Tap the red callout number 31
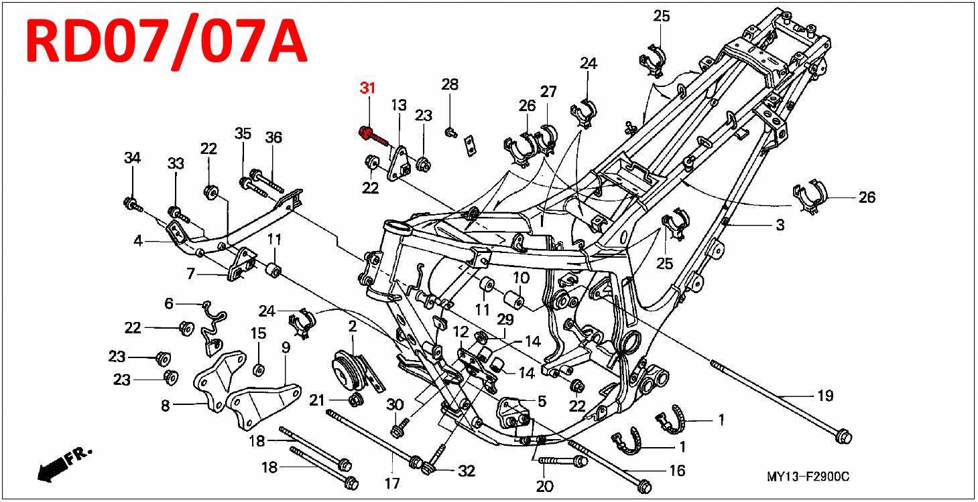[367, 88]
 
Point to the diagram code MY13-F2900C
[808, 477]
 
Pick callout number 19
[825, 396]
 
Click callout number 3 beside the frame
[780, 226]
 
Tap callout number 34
[132, 158]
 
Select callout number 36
[273, 137]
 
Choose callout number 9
[286, 347]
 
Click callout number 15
[258, 333]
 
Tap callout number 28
[450, 84]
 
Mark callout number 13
[399, 104]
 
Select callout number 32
[467, 471]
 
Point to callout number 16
[677, 471]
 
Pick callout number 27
[548, 92]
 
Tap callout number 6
[169, 303]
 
